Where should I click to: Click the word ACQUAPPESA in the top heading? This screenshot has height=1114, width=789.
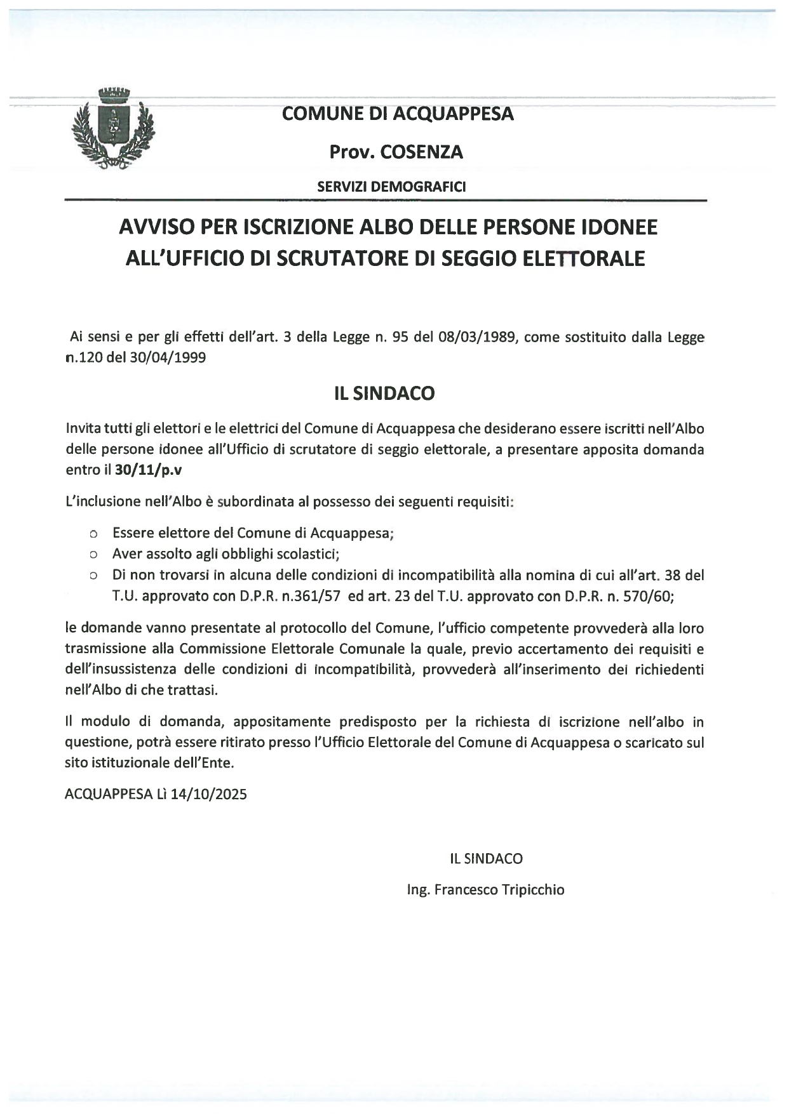click(454, 114)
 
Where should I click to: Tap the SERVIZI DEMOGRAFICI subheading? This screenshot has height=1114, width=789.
click(391, 187)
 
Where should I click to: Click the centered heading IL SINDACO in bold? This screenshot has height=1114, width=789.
click(385, 394)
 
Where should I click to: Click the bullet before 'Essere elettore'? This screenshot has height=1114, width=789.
click(93, 534)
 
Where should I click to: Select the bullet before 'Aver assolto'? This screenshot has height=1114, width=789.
click(93, 555)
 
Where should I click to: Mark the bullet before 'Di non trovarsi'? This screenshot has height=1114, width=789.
click(93, 576)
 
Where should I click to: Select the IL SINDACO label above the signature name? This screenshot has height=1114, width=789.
click(486, 859)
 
